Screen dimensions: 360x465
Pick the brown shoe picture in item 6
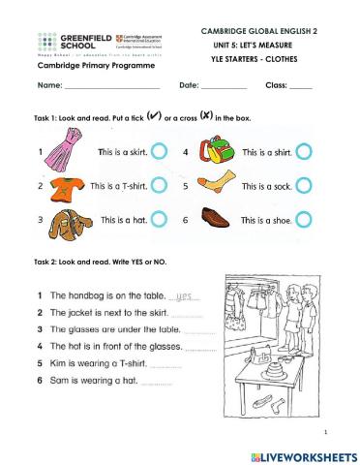[215, 219]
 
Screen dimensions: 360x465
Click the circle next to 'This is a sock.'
[304, 186]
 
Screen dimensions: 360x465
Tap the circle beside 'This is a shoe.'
[304, 220]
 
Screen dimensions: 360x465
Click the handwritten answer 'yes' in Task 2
[184, 295]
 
